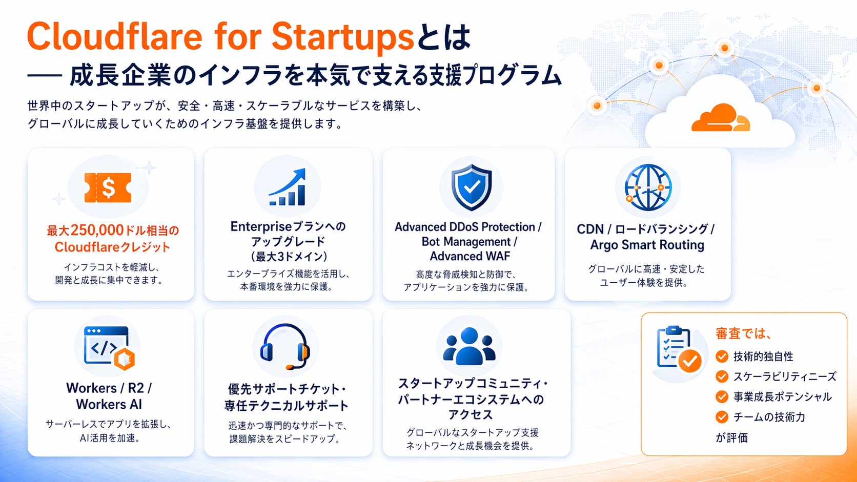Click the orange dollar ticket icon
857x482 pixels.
click(x=108, y=187)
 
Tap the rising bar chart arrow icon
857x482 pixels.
click(x=288, y=187)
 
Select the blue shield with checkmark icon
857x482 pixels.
click(x=472, y=187)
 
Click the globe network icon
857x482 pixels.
click(x=648, y=187)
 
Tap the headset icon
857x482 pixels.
click(x=285, y=346)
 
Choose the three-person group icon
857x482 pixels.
click(x=469, y=346)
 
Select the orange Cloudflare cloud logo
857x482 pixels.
click(x=721, y=118)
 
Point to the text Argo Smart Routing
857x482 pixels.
click(x=647, y=245)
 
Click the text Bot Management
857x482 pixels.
click(x=466, y=242)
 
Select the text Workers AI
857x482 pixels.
click(x=109, y=404)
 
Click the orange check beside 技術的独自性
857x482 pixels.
click(x=722, y=356)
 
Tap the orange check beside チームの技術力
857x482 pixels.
click(x=722, y=416)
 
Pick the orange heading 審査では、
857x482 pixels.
click(x=743, y=333)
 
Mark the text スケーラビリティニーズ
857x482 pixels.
click(x=785, y=376)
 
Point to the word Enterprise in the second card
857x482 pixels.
click(x=261, y=227)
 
